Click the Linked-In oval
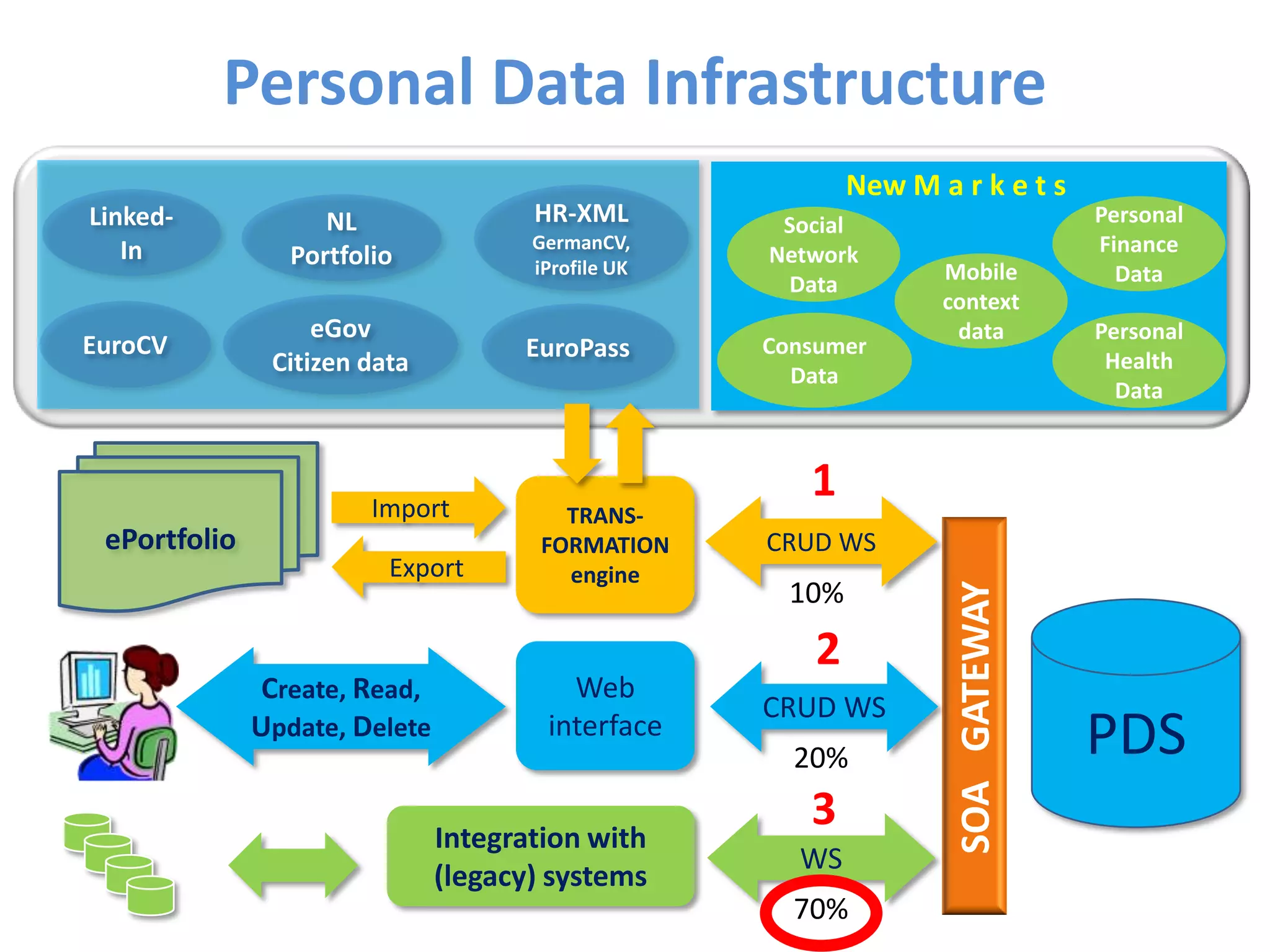click(x=131, y=234)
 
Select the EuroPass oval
click(x=577, y=348)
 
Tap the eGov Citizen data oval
click(x=340, y=345)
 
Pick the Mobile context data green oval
click(x=980, y=301)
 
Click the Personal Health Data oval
click(x=1139, y=361)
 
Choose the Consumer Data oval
click(x=814, y=361)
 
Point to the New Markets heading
click(x=956, y=185)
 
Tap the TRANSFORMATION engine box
click(x=605, y=545)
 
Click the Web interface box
click(x=605, y=707)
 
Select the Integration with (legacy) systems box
click(x=540, y=857)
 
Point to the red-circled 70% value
click(x=820, y=910)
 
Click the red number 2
click(x=827, y=650)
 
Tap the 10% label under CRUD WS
click(x=816, y=593)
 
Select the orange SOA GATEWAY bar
click(x=974, y=716)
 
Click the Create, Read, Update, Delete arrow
click(x=340, y=707)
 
